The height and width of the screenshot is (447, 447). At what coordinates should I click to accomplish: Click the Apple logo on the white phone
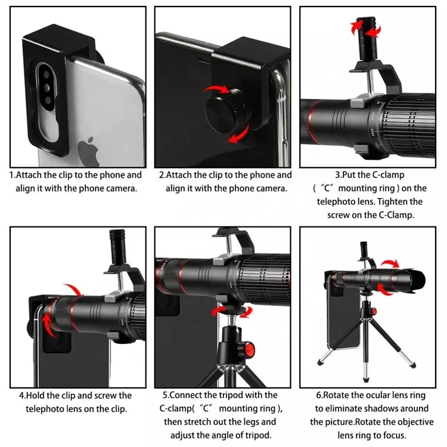[89, 151]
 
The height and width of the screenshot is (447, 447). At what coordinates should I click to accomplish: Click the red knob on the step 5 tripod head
[250, 349]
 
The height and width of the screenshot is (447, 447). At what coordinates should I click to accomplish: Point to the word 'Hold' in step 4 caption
[35, 396]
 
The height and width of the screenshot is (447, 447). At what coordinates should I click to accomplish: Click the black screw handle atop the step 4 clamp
[117, 247]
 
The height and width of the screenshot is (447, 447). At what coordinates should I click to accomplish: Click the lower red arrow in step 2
[239, 134]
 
